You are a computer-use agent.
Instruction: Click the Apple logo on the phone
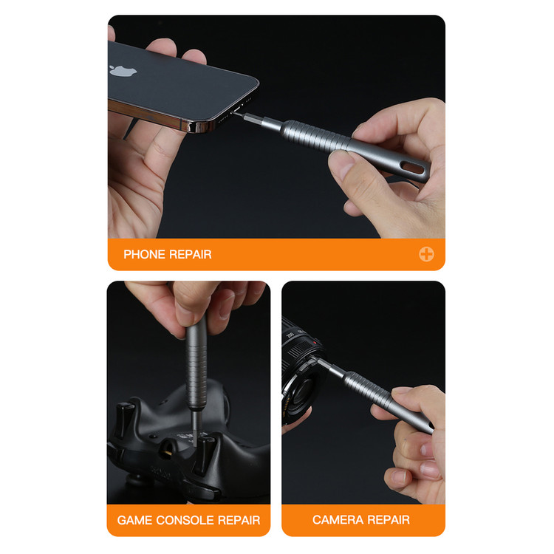(122, 70)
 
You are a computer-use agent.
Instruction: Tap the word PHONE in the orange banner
(144, 254)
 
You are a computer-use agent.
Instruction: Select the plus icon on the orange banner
(426, 254)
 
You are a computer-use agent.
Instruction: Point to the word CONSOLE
(185, 520)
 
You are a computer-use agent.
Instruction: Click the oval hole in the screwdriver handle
(413, 168)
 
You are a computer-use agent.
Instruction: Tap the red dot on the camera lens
(314, 343)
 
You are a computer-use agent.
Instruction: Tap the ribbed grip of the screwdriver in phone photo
(315, 135)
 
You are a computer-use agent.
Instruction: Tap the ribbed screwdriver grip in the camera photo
(367, 389)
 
